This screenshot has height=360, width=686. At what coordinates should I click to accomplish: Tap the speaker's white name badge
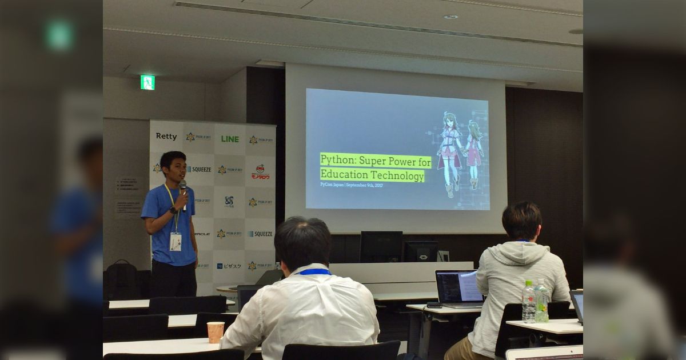pyautogui.click(x=176, y=242)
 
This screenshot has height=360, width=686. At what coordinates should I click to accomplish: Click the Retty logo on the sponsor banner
pyautogui.click(x=166, y=137)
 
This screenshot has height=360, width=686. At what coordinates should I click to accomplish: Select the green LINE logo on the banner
pyautogui.click(x=230, y=139)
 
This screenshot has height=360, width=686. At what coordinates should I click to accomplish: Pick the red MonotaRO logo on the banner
pyautogui.click(x=261, y=172)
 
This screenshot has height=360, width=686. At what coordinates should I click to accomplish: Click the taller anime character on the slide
pyautogui.click(x=449, y=151)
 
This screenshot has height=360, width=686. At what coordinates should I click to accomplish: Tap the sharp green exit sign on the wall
pyautogui.click(x=147, y=82)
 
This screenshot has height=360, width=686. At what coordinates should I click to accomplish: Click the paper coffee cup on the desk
pyautogui.click(x=216, y=332)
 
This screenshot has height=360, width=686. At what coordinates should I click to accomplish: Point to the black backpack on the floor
pyautogui.click(x=121, y=279)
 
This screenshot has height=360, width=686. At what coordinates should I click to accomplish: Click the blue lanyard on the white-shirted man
pyautogui.click(x=314, y=271)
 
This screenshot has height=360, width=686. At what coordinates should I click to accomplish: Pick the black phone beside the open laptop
pyautogui.click(x=434, y=305)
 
